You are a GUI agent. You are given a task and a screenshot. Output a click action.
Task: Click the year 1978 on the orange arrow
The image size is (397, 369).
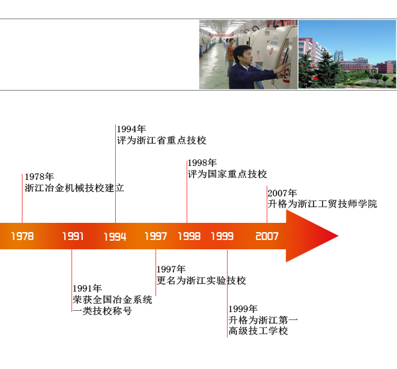coord(22,236)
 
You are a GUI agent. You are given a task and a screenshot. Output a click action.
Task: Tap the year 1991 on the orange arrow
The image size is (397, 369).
coord(73,236)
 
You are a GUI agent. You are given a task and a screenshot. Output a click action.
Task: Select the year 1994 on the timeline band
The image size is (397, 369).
coord(115,237)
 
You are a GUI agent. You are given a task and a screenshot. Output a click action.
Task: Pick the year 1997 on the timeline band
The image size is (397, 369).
coord(155,236)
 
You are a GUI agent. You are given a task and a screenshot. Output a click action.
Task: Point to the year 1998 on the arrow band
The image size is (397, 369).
coord(189,236)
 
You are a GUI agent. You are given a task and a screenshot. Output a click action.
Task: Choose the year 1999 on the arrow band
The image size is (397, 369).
coord(222,236)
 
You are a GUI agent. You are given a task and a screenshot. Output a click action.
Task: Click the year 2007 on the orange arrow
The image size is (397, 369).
coord(267,236)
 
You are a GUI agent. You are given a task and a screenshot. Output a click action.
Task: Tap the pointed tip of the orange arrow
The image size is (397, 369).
coord(338,236)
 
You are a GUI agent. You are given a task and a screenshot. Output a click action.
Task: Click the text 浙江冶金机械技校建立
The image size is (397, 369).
coord(74,188)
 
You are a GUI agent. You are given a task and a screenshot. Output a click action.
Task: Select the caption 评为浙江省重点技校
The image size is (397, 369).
coord(161,140)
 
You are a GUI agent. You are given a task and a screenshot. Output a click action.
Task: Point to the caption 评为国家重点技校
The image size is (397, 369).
coord(227,174)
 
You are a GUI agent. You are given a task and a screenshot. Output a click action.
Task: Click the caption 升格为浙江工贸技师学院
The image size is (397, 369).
coord(322,204)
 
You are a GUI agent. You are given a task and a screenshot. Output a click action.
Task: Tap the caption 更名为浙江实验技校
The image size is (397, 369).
coord(201,280)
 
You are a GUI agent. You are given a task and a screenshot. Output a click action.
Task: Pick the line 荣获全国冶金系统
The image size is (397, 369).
coord(112,300)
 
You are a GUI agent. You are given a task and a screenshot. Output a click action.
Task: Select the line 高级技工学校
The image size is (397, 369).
coord(258,331)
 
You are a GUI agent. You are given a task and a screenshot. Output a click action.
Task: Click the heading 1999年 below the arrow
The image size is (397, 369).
coord(243,309)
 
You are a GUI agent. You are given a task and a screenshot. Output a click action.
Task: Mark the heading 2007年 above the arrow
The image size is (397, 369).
coord(282,193)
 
